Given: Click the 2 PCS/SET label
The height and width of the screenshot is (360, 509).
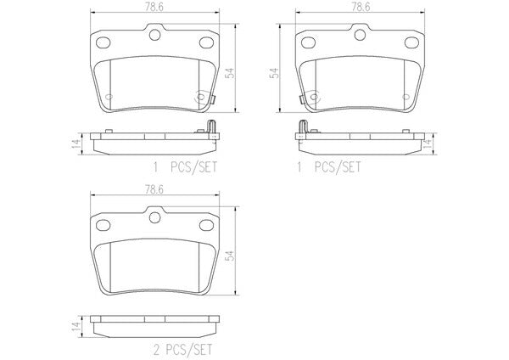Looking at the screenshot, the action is [x=182, y=350].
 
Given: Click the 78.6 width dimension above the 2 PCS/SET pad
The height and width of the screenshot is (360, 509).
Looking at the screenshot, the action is [x=154, y=189].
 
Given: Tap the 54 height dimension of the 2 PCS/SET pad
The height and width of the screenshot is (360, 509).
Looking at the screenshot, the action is [x=231, y=256].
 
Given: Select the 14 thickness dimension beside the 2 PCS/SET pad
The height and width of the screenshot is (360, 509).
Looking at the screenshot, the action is [x=76, y=325].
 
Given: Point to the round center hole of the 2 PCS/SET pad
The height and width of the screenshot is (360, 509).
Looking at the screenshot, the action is [x=155, y=217].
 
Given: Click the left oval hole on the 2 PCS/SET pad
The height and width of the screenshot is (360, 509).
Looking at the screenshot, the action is [x=103, y=225].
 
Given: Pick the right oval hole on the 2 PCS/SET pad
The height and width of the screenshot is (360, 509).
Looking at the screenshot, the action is [x=206, y=225].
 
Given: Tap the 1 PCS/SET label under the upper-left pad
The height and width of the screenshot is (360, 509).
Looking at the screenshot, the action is [x=185, y=167].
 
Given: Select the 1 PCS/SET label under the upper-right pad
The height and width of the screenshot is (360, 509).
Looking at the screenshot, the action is [x=328, y=167].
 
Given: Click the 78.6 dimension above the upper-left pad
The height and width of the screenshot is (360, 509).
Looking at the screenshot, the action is [x=154, y=7].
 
